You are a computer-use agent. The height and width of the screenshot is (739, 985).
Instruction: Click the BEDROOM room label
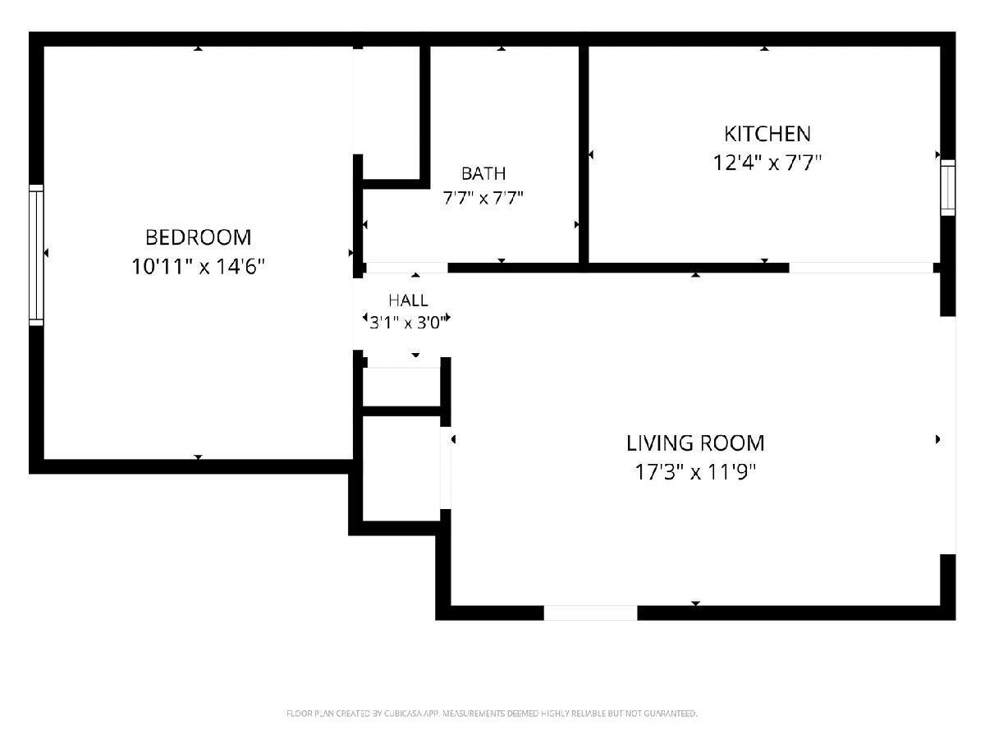coord(198,238)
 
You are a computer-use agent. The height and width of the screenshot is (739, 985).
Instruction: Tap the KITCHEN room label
coord(767,134)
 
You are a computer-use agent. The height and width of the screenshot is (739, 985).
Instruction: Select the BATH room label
coord(483,173)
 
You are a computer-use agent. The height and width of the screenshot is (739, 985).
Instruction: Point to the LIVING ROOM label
coord(695,443)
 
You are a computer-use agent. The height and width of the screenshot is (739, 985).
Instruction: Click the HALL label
coord(408,301)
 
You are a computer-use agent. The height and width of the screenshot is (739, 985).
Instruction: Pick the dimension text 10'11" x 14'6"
coord(198,267)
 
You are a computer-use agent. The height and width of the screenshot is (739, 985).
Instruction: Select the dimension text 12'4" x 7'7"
coord(767,163)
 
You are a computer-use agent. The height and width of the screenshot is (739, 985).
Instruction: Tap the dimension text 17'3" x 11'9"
coord(695,472)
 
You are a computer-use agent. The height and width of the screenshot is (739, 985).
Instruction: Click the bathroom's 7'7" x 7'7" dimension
coord(483,198)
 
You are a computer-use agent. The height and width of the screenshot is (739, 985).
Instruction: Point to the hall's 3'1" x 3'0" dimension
coord(408,322)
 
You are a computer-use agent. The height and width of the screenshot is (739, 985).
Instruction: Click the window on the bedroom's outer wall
coord(36,255)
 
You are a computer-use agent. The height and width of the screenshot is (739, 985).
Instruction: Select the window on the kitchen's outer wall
coord(948,187)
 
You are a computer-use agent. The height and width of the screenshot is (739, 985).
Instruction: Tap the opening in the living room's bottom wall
coord(590,613)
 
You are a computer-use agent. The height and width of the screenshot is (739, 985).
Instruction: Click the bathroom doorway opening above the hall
coord(407,268)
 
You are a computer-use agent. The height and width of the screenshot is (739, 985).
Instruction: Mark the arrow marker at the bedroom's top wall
coord(198,48)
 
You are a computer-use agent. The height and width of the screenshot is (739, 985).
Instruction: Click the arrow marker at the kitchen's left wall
coord(591,155)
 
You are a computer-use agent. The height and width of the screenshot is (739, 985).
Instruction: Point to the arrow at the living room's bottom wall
coord(695,603)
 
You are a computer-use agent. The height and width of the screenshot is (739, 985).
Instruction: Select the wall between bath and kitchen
coord(584,155)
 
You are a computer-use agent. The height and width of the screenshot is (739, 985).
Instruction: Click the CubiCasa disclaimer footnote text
coord(492,714)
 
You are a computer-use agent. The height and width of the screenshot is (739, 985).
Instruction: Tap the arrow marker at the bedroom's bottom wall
coord(198,457)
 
